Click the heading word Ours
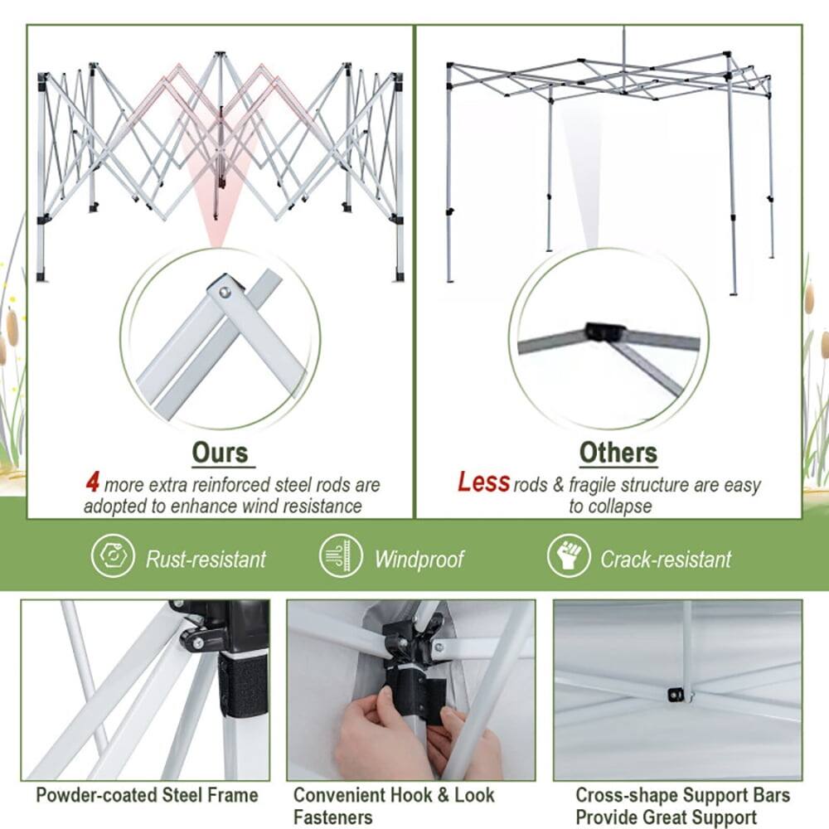(220, 453)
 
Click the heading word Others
(618, 453)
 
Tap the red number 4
(93, 482)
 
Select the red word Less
(483, 482)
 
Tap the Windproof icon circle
(341, 557)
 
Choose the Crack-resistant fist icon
(569, 557)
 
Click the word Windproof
(419, 559)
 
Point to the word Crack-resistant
(666, 559)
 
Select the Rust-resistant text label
(206, 559)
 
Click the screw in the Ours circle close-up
(225, 291)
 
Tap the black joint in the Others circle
(605, 332)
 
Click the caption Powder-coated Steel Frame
(147, 795)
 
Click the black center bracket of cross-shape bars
(677, 694)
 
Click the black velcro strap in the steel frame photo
(243, 684)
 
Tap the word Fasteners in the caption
(333, 817)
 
